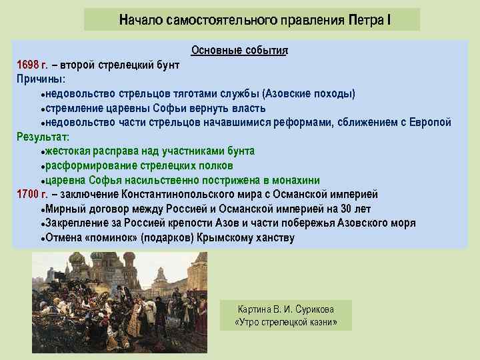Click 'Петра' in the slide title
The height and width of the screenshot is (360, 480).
click(x=364, y=20)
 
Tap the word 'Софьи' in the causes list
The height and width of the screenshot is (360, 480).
click(x=169, y=108)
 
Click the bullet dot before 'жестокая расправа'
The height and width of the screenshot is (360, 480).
click(x=42, y=152)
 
